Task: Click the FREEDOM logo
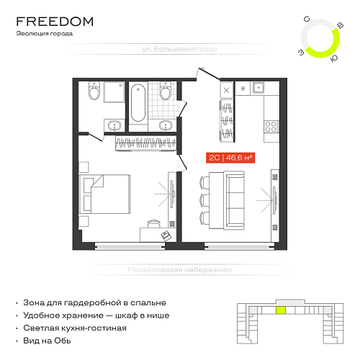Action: [x=55, y=22]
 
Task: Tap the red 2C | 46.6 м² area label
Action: [x=230, y=158]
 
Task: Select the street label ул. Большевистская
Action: [x=179, y=49]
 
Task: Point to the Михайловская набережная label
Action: [x=180, y=270]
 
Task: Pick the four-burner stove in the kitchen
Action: [x=271, y=127]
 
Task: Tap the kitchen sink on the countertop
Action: [x=258, y=88]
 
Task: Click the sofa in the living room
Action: [x=235, y=200]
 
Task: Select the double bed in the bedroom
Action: [x=104, y=194]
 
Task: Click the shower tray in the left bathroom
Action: [x=114, y=92]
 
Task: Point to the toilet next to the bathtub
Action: [x=166, y=91]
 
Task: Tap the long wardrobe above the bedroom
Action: [x=146, y=143]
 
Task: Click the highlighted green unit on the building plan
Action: [x=281, y=310]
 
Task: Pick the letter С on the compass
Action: [x=307, y=19]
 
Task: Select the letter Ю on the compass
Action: [x=334, y=58]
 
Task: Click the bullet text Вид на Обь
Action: [x=47, y=341]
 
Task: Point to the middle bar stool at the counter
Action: [x=204, y=199]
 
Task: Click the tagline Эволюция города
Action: [x=45, y=34]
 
